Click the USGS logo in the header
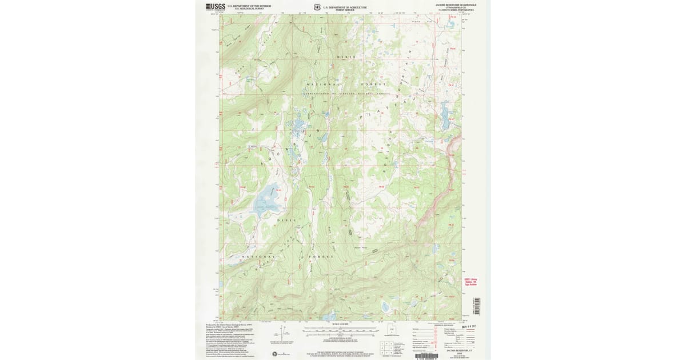pyautogui.click(x=215, y=7)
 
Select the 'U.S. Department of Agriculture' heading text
pyautogui.click(x=345, y=7)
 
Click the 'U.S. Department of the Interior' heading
pyautogui.click(x=245, y=6)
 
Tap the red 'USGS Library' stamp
pyautogui.click(x=469, y=281)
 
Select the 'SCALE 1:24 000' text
pyautogui.click(x=340, y=325)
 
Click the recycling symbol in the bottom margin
pyautogui.click(x=282, y=354)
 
